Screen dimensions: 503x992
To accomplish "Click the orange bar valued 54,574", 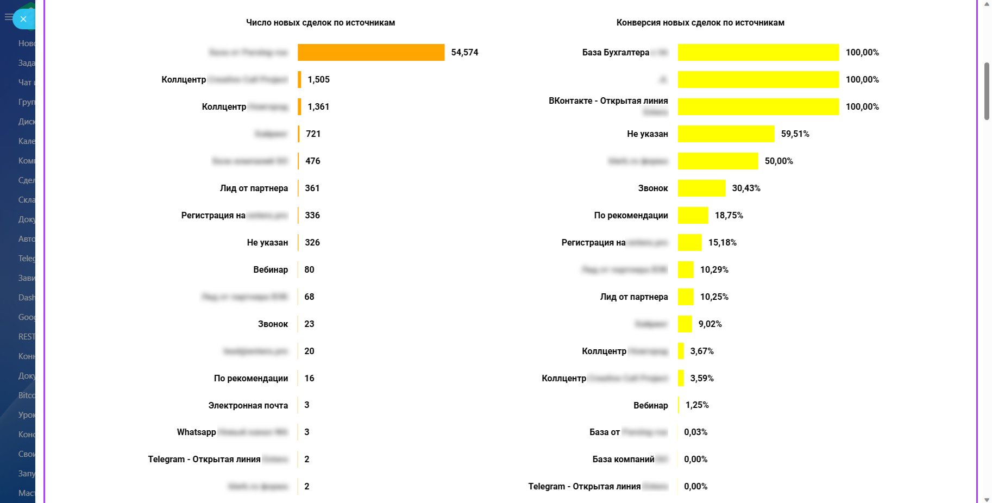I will tap(371, 52).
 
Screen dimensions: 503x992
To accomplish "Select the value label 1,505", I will tap(318, 79).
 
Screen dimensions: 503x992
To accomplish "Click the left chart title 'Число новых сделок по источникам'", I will tap(321, 22).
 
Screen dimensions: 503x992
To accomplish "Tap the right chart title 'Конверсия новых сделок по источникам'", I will tap(700, 22).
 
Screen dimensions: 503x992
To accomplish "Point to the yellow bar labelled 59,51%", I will tap(726, 134).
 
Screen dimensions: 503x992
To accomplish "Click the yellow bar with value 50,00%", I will tap(718, 161).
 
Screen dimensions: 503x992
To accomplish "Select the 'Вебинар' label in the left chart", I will tap(271, 269).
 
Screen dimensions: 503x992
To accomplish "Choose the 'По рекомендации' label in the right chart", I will tap(631, 215).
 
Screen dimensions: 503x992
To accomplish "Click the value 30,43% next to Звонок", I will tap(746, 188).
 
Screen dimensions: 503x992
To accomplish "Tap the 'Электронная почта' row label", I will tap(248, 405).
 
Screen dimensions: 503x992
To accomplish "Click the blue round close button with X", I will tap(23, 19).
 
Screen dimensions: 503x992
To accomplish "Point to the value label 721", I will tap(313, 134).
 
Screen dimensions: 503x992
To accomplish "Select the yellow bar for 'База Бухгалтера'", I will tap(758, 52).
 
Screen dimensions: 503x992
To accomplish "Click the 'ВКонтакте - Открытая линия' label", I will tap(608, 101).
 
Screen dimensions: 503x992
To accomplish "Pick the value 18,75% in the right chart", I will tap(729, 215).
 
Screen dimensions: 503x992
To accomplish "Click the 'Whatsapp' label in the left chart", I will tap(196, 432).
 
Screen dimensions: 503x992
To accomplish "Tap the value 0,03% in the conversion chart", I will tap(695, 432).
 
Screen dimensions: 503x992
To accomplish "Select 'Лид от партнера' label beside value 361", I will tap(254, 188).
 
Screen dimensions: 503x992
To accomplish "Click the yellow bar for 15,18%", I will tap(689, 242).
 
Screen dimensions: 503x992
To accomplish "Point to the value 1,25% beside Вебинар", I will tap(697, 405).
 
